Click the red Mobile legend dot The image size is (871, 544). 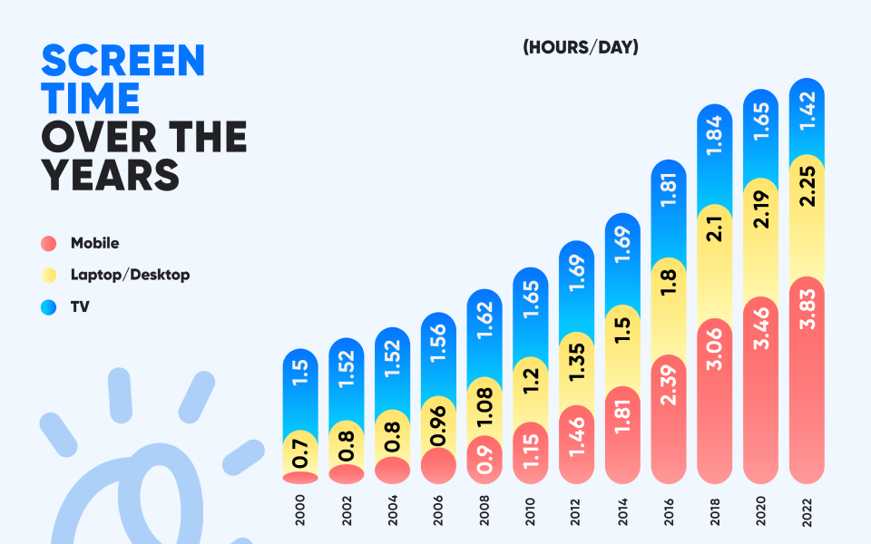49,243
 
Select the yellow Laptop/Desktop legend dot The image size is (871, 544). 49,275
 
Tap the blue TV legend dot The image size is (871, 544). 49,307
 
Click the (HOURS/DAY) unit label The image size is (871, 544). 580,47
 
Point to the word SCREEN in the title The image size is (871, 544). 123,61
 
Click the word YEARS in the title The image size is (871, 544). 110,174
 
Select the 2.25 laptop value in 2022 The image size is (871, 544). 807,189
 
